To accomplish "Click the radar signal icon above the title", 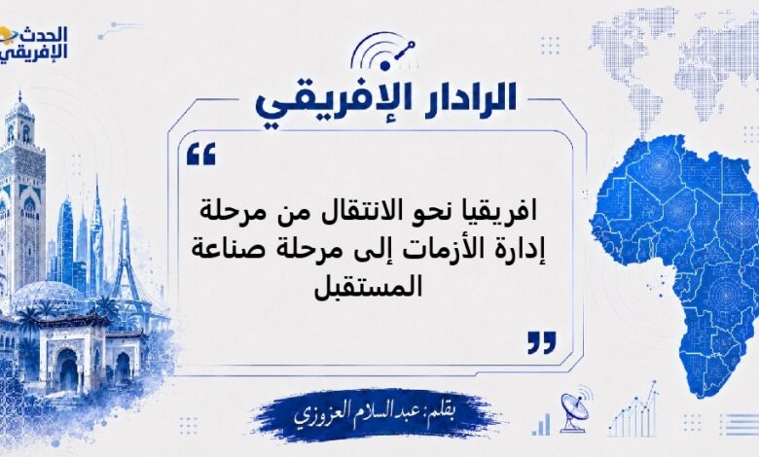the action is [381, 50].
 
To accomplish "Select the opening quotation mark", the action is [200, 154].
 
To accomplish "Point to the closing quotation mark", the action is [542, 343].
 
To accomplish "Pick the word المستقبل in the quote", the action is [369, 286].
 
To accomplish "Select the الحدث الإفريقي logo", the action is [33, 43].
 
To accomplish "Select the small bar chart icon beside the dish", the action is [541, 424].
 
